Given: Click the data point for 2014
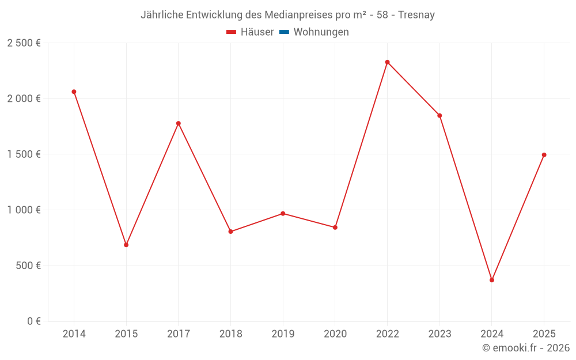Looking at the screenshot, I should click(x=74, y=92).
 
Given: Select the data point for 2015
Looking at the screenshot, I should click(x=126, y=245).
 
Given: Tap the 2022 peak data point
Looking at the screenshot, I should click(x=387, y=62).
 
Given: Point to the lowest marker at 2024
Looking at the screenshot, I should click(x=492, y=280).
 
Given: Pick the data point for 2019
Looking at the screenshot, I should click(x=283, y=214).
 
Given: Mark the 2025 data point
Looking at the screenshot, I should click(x=544, y=155).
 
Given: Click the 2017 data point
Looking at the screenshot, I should click(x=179, y=123).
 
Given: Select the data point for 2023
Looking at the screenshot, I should click(x=439, y=116).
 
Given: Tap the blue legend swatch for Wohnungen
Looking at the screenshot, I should click(x=284, y=32).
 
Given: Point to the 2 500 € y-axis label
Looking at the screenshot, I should click(x=24, y=43).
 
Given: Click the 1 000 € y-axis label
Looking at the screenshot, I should click(x=24, y=210).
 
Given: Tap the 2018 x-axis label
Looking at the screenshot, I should click(x=230, y=334).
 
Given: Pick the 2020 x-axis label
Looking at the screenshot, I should click(x=335, y=334).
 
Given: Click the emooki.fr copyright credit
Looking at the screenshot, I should click(x=526, y=348).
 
